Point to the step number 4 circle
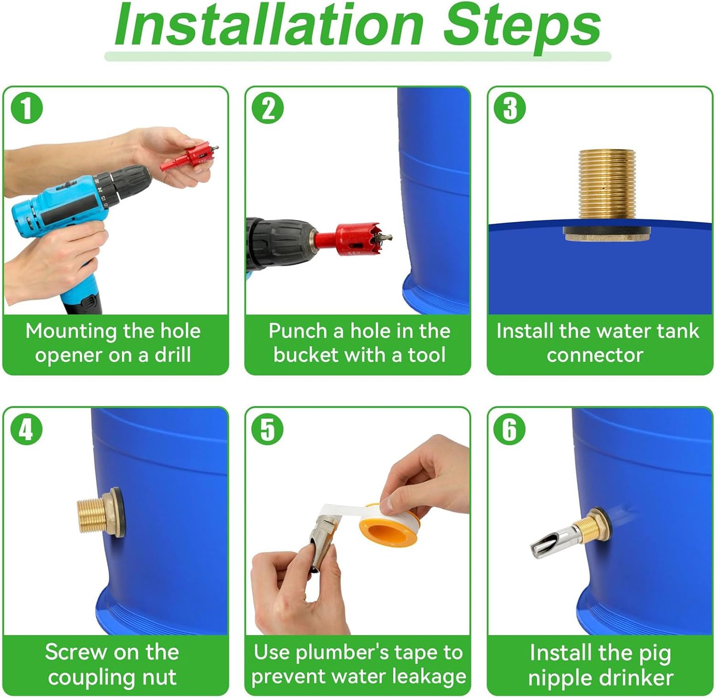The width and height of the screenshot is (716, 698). click(x=27, y=428)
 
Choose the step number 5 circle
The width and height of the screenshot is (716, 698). click(x=268, y=428)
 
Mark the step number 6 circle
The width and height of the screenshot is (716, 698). click(x=510, y=428)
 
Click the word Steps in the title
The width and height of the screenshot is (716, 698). click(x=522, y=26)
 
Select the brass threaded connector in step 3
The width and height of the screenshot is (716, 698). click(x=607, y=196)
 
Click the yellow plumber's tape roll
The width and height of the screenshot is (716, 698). click(x=388, y=522)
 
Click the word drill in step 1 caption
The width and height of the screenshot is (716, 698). click(x=173, y=355)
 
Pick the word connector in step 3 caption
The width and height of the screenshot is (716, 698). click(x=595, y=355)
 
